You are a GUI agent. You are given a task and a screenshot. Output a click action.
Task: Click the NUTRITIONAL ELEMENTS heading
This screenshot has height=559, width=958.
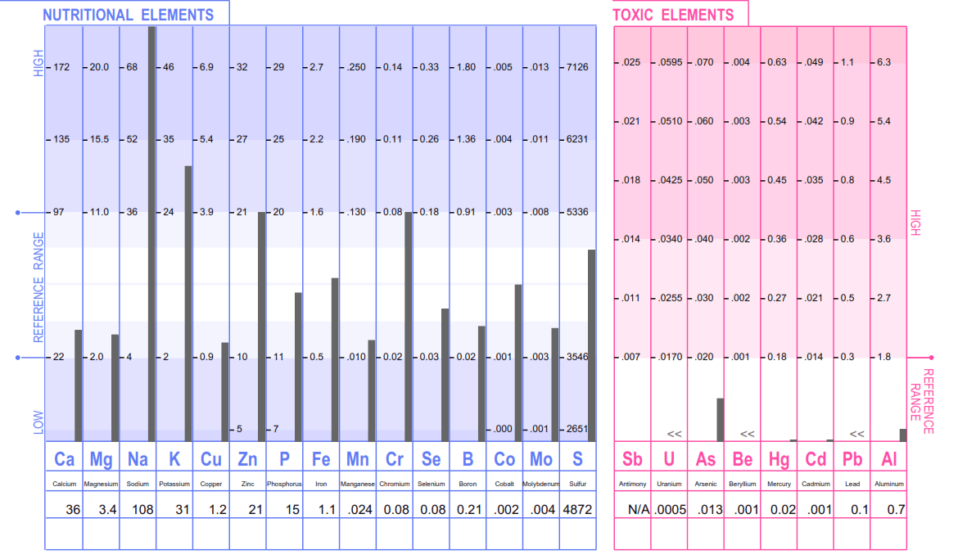coord(128,15)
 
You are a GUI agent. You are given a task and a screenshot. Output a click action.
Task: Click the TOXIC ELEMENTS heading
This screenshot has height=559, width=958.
coord(673,15)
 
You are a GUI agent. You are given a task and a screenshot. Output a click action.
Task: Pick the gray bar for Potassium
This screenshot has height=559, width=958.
coord(188,303)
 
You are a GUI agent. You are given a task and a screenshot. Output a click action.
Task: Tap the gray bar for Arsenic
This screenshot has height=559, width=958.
coord(721,420)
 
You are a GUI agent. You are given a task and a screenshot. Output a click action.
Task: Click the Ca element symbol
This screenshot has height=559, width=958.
coord(64,459)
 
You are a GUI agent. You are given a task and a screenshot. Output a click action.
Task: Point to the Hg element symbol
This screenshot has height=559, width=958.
coord(779,459)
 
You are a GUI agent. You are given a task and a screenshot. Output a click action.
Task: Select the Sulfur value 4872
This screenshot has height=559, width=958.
coord(577,509)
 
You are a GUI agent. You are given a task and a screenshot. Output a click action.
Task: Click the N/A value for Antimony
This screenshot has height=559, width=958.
coord(638,509)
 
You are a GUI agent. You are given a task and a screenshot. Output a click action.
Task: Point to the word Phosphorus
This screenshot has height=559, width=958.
coord(284,484)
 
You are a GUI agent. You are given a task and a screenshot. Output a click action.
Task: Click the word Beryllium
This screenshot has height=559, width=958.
coord(742,484)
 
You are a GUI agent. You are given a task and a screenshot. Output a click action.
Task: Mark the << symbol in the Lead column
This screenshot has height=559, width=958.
coord(856,434)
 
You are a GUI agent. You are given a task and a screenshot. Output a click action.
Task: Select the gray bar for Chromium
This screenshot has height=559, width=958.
coord(409,327)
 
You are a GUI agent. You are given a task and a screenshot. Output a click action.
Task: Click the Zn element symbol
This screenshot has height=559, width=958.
coord(247,459)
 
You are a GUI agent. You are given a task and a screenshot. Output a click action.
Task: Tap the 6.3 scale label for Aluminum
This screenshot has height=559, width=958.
coord(884,62)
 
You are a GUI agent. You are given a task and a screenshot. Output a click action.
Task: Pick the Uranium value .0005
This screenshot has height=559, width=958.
coord(671,509)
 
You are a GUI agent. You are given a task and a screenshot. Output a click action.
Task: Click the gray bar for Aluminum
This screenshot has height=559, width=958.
coord(903,435)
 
